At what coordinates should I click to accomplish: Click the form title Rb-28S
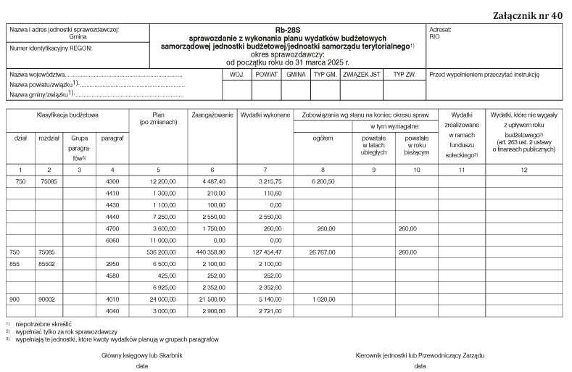click(286, 31)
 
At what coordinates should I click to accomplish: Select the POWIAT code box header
click(266, 75)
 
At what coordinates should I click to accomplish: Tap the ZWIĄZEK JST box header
click(361, 75)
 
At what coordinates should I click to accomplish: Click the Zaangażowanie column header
click(212, 115)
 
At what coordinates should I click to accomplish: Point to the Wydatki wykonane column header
click(265, 115)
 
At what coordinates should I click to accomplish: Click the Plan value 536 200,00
click(162, 252)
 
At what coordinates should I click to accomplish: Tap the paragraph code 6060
click(112, 239)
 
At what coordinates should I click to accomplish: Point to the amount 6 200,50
click(321, 181)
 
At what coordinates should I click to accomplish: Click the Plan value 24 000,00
click(164, 299)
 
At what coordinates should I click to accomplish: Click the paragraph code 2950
click(112, 264)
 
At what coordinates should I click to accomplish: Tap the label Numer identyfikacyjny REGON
click(51, 49)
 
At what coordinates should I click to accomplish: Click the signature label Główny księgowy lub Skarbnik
click(141, 356)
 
